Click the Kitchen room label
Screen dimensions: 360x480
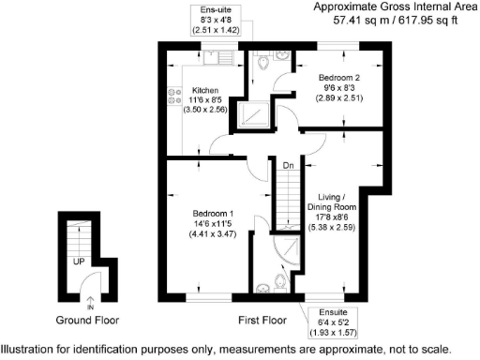click(x=205, y=90)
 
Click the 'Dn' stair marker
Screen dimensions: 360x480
click(x=290, y=166)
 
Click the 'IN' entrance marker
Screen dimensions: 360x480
click(x=91, y=307)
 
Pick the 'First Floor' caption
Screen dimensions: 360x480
click(x=262, y=321)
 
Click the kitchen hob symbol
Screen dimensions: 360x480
click(x=172, y=95)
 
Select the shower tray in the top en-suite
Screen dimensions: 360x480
click(x=255, y=113)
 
